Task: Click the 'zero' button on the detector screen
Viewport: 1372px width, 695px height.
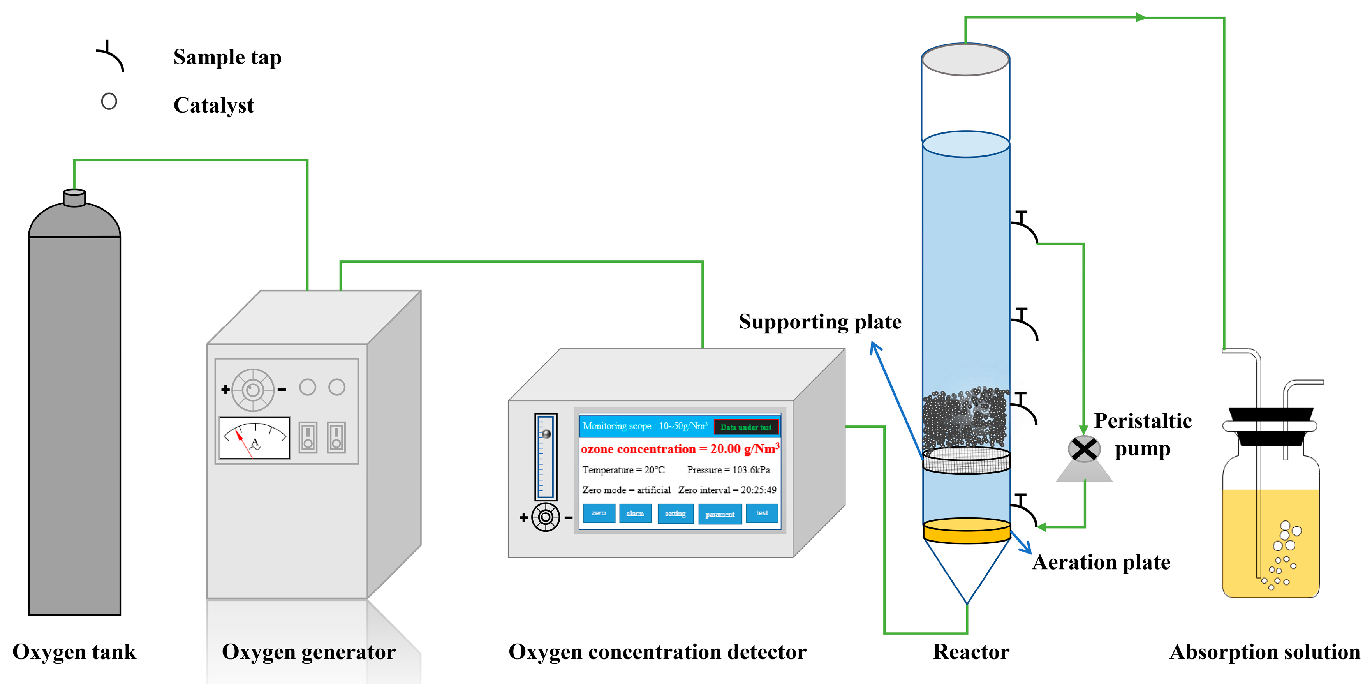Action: [x=599, y=513]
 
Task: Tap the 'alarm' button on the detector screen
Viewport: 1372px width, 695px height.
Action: [x=635, y=513]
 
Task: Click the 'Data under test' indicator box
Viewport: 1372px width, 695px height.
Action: [x=746, y=427]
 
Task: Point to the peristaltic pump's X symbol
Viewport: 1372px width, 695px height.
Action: [x=1084, y=449]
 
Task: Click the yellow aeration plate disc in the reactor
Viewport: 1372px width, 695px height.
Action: [x=966, y=530]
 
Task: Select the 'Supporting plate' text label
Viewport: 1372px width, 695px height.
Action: [x=820, y=321]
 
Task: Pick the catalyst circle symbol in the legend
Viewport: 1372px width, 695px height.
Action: [x=109, y=101]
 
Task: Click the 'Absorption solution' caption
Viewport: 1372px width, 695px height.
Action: [x=1265, y=652]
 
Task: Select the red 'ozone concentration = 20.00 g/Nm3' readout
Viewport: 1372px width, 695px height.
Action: [x=680, y=449]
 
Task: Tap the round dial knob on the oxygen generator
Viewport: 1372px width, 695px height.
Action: [x=253, y=390]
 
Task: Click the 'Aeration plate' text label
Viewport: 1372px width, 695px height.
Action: [x=1101, y=562]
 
